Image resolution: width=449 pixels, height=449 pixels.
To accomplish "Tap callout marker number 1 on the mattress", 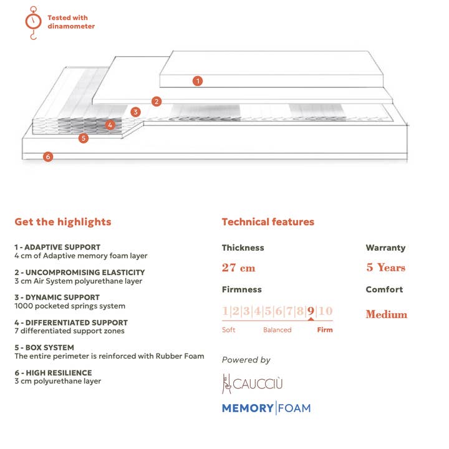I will point(198,80).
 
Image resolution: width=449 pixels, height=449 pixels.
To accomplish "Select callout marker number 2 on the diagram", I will point(157,101).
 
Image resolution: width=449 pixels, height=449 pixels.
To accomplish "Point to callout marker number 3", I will point(136,112).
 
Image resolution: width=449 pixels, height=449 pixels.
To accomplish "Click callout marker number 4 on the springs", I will point(110,125).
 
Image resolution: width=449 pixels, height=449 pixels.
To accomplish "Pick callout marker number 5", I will point(84,138).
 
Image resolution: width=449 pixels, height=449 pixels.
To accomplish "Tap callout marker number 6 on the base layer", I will point(48,157).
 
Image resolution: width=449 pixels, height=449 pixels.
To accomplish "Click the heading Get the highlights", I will point(63,222).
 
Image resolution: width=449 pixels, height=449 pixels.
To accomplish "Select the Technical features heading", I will point(268,222).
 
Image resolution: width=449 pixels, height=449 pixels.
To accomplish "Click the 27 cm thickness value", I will point(239,268).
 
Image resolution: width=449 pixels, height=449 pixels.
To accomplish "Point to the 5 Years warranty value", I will point(385,268).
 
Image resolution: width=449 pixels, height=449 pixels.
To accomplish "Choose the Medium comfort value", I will point(386,314).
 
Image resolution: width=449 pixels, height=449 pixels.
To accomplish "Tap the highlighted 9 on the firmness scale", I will point(311,311).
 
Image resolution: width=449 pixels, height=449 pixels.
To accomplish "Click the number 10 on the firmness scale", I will point(325,311).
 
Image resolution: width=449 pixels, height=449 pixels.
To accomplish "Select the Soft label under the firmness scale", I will point(229,330).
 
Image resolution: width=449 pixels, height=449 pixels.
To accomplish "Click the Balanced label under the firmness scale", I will point(277,330).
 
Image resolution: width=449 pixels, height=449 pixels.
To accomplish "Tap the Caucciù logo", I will point(253,383).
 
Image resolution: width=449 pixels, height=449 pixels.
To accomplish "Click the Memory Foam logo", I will point(266,408).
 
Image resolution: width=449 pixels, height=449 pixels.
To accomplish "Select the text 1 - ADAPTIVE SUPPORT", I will point(57,247).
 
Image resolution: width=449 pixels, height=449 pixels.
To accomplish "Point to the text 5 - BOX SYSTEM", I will point(44,348).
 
